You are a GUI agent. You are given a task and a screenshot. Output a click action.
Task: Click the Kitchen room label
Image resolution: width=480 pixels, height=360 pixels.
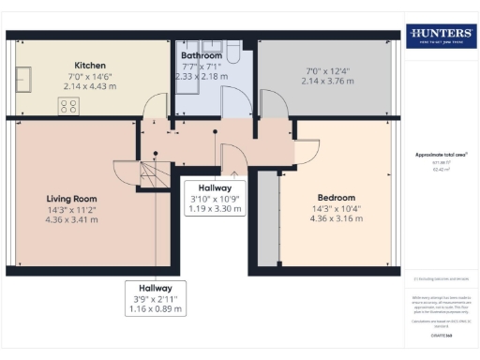90,66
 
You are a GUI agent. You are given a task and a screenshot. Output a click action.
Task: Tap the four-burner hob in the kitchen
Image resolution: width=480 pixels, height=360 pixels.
68,106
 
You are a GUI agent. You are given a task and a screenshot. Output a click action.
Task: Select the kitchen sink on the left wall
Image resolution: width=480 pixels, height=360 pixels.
24,80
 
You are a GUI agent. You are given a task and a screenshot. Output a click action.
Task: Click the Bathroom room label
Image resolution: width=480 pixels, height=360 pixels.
202,55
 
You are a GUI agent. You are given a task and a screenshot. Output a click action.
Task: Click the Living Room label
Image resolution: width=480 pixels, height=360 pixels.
72,198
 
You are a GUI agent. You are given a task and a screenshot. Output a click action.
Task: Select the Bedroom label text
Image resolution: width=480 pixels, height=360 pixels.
336,198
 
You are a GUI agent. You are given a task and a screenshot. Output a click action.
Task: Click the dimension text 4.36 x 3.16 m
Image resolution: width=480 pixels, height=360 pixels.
336,220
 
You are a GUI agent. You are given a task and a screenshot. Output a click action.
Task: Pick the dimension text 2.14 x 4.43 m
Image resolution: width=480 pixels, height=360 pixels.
90,85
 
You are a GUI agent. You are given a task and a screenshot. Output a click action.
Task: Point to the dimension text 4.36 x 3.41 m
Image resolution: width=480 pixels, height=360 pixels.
72,220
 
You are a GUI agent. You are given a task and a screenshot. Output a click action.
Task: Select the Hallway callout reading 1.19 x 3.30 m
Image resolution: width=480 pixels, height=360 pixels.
215,208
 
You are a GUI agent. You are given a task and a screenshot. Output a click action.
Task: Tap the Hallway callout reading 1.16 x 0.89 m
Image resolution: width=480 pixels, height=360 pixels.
156,308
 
